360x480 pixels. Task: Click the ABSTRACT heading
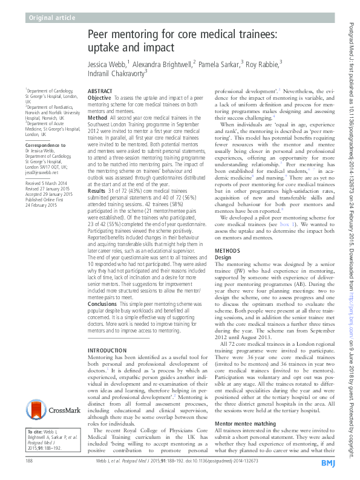100,90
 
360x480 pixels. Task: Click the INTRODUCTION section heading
108,351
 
